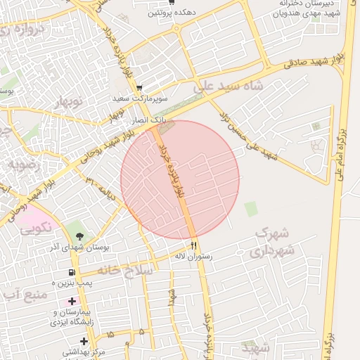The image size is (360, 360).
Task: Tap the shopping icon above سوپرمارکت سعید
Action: (x=139, y=89)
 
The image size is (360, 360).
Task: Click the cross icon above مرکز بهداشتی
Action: (x=84, y=341)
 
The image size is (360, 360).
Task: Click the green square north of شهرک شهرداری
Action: (x=250, y=209)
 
